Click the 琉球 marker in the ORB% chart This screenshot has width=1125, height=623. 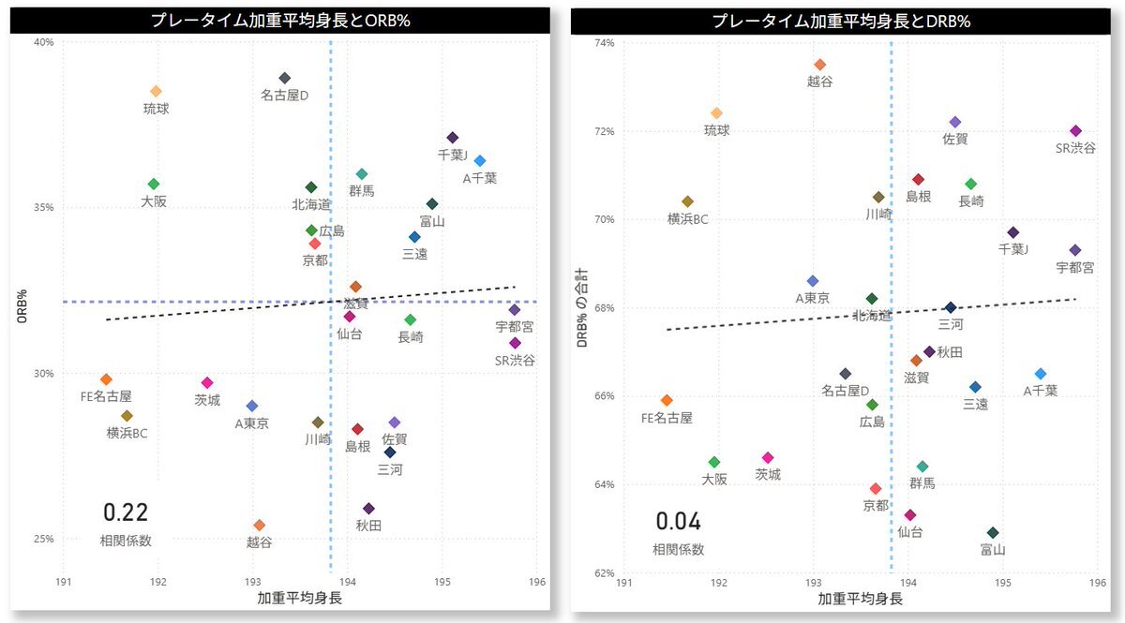156,91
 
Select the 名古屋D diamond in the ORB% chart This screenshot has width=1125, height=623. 285,78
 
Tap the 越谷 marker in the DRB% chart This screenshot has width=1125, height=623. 819,65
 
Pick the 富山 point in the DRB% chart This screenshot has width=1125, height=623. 993,533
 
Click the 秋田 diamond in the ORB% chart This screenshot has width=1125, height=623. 368,509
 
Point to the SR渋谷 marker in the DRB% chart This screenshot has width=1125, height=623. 1075,131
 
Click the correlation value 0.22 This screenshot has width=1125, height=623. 126,512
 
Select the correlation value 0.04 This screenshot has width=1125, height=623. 678,522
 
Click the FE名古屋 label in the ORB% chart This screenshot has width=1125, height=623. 106,396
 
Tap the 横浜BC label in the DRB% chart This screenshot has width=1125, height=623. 687,218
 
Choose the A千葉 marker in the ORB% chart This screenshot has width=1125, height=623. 480,161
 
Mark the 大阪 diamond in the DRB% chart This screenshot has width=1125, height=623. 714,462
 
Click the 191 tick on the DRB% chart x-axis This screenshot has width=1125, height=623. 623,582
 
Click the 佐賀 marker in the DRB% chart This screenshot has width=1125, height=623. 955,122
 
